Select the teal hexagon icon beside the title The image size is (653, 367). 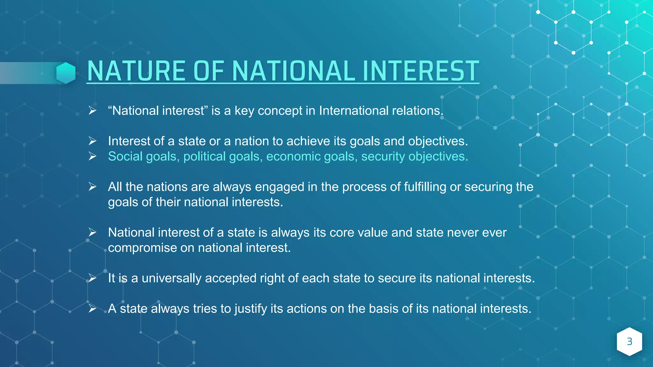[x=66, y=73]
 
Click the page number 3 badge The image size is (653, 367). [x=629, y=342]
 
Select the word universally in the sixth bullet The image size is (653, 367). [x=171, y=278]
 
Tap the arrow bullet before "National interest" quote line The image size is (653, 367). [x=92, y=111]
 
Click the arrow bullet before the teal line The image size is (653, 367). [x=92, y=156]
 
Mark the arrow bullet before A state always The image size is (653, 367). [x=92, y=309]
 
